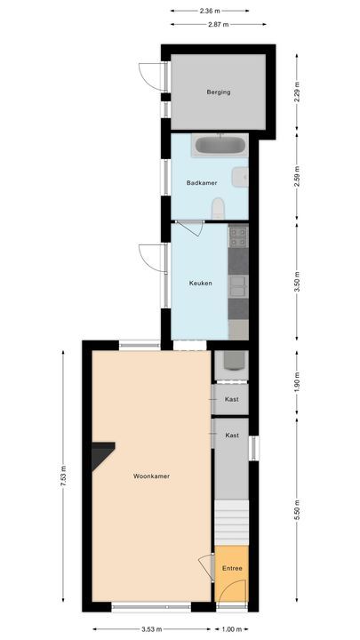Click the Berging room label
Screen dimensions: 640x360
(x=218, y=92)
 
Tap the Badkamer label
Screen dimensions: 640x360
(x=197, y=183)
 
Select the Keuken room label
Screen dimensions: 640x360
(x=199, y=284)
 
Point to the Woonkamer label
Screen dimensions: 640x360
(x=151, y=476)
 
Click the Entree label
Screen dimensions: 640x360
(x=231, y=569)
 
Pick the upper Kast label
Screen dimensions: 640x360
(x=232, y=399)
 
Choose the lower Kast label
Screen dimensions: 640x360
(x=232, y=435)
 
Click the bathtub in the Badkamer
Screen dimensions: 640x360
(x=219, y=145)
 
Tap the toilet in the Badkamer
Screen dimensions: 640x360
(x=219, y=209)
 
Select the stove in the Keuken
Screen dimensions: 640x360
(x=238, y=236)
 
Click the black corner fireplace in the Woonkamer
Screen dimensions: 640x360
(x=100, y=455)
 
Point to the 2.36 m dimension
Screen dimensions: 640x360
(x=211, y=11)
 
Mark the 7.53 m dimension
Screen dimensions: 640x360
(x=65, y=482)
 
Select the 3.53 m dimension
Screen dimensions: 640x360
(x=150, y=629)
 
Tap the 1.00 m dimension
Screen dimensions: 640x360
(x=230, y=629)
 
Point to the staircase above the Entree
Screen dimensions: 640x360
(x=231, y=519)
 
